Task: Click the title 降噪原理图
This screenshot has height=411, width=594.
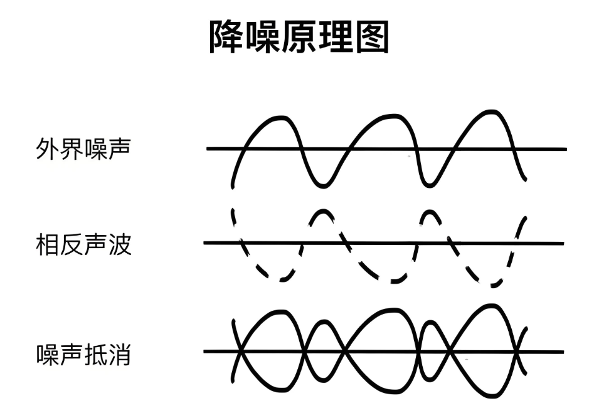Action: pos(299,37)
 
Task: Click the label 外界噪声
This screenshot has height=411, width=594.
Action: pos(83,148)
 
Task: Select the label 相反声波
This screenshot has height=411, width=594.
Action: pos(83,244)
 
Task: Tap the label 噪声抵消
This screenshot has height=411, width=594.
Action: pos(83,355)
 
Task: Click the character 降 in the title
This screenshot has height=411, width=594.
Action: pos(226,37)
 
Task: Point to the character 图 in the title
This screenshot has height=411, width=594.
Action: pos(373,37)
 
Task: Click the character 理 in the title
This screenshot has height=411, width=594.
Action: pos(336,37)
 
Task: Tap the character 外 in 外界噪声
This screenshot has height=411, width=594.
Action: pos(47,148)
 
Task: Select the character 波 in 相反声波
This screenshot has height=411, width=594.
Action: pos(120,244)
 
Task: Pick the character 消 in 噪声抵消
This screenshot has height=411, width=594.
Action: pos(120,355)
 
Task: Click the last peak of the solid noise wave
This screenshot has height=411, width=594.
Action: pos(491,112)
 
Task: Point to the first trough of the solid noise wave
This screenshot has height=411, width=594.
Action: pos(323,185)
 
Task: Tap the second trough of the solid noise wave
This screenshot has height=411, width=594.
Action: pos(428,185)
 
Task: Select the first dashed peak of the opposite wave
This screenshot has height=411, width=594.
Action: pos(323,211)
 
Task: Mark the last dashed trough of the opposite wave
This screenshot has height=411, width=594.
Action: pos(492,285)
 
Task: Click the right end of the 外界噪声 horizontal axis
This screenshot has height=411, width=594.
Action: pos(566,149)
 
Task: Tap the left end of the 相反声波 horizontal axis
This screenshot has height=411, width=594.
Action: pos(204,242)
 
